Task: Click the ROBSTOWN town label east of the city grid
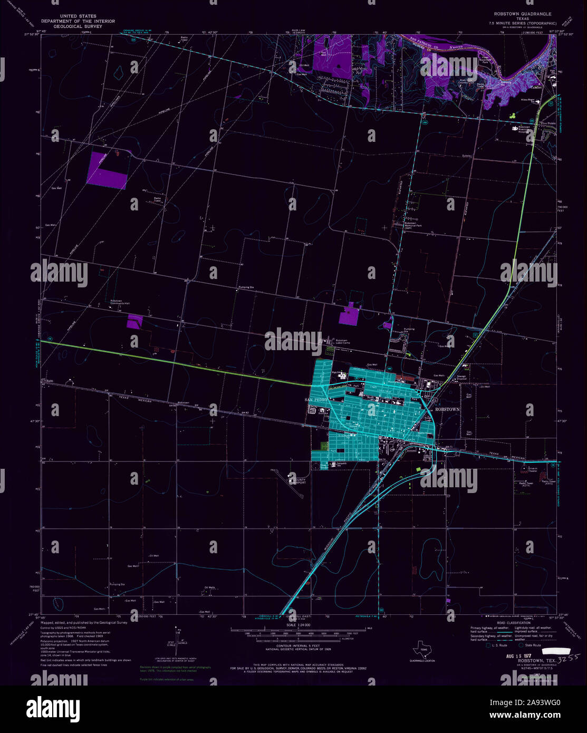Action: click(447, 409)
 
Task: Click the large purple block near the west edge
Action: click(107, 170)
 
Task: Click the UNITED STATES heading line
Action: click(78, 16)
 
